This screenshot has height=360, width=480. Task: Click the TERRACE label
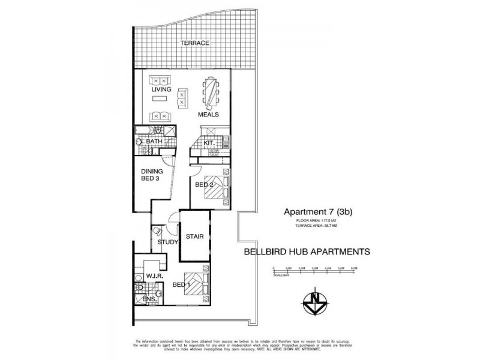[196, 43]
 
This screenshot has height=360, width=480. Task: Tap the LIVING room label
[161, 90]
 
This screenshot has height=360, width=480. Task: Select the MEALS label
[208, 114]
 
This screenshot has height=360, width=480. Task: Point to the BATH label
[155, 142]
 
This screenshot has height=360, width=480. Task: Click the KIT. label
[209, 143]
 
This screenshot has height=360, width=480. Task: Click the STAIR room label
[194, 236]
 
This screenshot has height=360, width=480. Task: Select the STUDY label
[167, 242]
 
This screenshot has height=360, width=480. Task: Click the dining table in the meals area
[211, 92]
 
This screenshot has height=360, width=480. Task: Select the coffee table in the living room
[181, 96]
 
